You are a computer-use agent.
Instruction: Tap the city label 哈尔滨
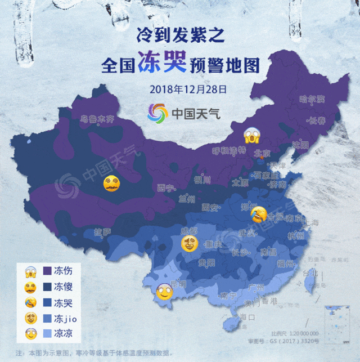pos(312,99)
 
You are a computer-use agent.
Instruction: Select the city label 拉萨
pos(102,231)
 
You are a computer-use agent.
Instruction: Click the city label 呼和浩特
pos(229,150)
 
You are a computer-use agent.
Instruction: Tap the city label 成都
pos(189,231)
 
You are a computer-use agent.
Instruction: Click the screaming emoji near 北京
pos(251,136)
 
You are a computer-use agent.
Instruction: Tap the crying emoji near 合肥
pos(258,213)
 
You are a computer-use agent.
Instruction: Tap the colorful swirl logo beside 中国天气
pos(158,113)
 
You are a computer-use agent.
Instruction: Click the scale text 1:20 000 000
pos(304,334)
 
